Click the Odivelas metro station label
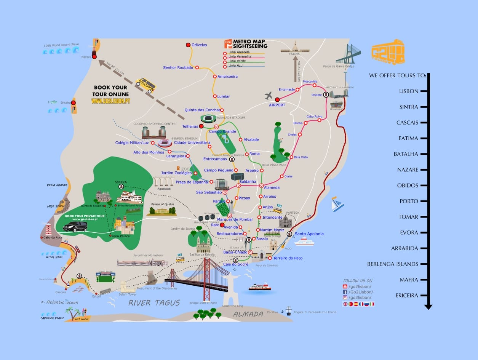pos(199,45)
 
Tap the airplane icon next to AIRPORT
pos(269,95)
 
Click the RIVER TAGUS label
pos(154,303)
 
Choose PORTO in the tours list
pos(409,201)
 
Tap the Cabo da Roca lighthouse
pos(48,229)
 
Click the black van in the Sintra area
pos(75,227)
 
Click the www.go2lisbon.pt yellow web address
pos(110,101)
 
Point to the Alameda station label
pos(272,187)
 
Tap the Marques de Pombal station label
pos(235,219)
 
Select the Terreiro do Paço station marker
pos(270,258)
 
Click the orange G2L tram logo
pos(388,52)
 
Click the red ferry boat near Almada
pos(260,287)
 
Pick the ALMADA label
pos(248,314)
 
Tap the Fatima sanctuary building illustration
pos(295,48)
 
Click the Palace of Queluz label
pos(162,204)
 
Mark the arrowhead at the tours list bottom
pos(428,307)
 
